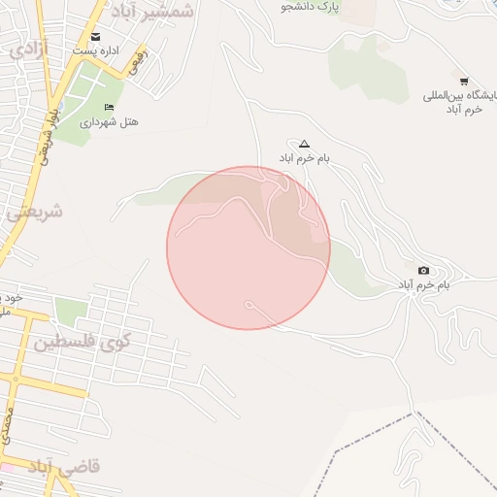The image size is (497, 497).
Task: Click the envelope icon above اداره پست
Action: [x=95, y=37]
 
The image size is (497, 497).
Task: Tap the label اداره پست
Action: [x=95, y=50]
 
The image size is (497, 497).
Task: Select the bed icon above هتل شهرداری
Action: [x=108, y=107]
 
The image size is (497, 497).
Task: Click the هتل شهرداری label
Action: [x=109, y=121]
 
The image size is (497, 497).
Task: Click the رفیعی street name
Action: [x=142, y=66]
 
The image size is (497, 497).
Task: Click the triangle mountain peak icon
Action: [x=304, y=143]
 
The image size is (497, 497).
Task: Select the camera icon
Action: [x=423, y=270]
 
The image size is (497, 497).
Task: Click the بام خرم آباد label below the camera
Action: [x=423, y=285]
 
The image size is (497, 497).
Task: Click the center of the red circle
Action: [x=248, y=248]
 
